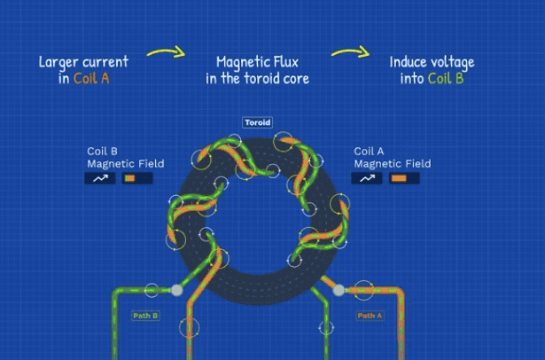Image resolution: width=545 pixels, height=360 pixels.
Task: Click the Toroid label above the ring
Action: click(257, 122)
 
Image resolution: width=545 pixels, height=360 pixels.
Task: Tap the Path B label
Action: click(144, 315)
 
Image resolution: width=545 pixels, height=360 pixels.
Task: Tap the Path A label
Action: click(370, 315)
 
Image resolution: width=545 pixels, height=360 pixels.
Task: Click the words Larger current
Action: click(83, 62)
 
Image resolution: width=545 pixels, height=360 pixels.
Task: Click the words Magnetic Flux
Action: click(258, 62)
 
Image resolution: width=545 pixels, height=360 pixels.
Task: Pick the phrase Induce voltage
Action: click(432, 62)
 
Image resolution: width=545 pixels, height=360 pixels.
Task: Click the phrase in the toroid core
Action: click(258, 78)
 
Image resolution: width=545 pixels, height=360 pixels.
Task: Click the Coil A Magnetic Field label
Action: click(392, 157)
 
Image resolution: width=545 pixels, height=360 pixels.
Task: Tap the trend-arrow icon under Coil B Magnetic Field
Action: click(101, 178)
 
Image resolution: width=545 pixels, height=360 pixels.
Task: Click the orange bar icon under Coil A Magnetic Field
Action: click(400, 178)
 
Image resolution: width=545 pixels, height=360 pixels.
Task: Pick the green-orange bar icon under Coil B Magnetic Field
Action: click(135, 178)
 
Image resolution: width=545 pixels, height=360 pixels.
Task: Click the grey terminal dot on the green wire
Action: click(177, 290)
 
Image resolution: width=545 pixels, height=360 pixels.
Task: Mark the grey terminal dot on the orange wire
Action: click(339, 289)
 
